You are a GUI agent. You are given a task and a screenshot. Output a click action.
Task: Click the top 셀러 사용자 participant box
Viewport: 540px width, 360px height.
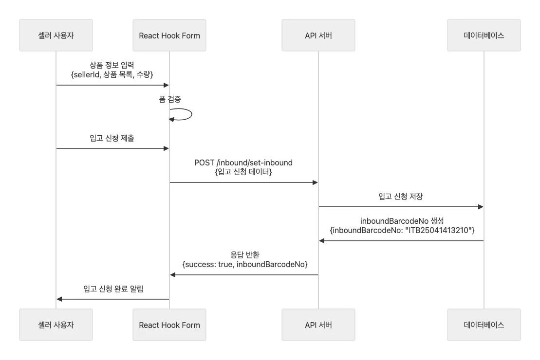coord(56,36)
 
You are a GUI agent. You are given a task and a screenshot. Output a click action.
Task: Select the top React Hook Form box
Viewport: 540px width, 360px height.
coord(169,36)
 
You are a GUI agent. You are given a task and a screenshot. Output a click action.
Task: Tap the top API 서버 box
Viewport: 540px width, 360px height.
coord(318,36)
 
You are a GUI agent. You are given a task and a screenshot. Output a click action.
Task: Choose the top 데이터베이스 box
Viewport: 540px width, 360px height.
coord(484,36)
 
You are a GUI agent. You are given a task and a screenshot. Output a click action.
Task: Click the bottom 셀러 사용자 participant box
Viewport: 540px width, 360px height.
coord(56,324)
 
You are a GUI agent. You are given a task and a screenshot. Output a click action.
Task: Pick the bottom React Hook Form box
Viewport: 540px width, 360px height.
coord(169,324)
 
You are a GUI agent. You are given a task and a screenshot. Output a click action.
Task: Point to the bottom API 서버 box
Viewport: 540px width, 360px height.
coord(318,324)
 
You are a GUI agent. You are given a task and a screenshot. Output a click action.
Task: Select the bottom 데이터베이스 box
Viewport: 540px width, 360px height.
coord(484,324)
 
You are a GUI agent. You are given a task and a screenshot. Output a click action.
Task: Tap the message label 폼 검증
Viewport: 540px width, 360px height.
coord(170,99)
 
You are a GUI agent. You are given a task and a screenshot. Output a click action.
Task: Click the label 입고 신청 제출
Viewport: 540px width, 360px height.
coord(112,138)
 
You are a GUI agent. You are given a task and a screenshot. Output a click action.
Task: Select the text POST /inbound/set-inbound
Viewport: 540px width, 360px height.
coord(243,162)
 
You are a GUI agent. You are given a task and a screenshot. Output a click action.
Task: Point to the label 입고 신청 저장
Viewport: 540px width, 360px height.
coord(401,197)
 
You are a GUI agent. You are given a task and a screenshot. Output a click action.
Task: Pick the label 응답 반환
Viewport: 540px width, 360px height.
coord(244,254)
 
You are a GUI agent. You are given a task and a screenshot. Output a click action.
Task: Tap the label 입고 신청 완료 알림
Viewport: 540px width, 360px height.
coord(113,289)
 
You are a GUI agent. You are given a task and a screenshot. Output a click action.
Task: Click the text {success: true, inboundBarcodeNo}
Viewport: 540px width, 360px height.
coord(244,264)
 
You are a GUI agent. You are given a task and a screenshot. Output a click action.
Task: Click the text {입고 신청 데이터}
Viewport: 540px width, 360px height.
coord(243,172)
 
